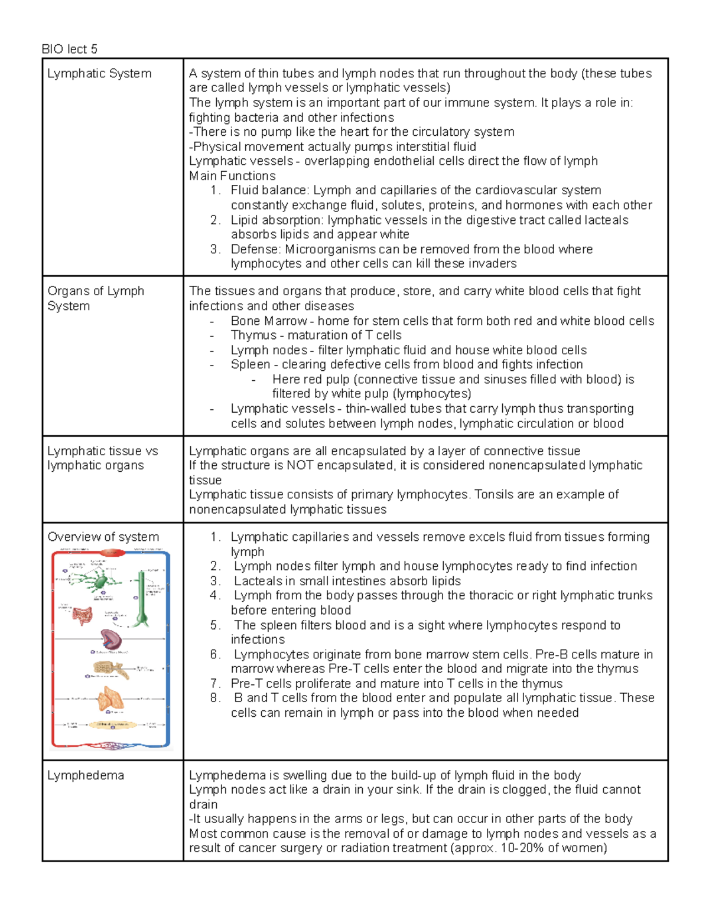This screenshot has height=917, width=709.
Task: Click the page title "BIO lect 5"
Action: (69, 49)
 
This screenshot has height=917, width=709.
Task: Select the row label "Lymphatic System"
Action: (99, 74)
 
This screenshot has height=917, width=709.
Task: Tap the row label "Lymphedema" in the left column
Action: (86, 775)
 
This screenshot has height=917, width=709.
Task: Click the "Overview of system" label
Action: (103, 537)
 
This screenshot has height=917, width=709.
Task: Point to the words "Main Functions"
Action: (232, 176)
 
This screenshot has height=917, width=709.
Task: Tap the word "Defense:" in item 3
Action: (256, 249)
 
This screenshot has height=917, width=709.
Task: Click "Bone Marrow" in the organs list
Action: (269, 321)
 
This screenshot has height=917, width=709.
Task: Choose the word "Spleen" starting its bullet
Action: (251, 364)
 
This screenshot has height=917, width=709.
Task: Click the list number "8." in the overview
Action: (215, 698)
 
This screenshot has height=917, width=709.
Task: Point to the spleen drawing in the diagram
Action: (110, 639)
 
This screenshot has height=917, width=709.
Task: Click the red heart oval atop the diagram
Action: (110, 553)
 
